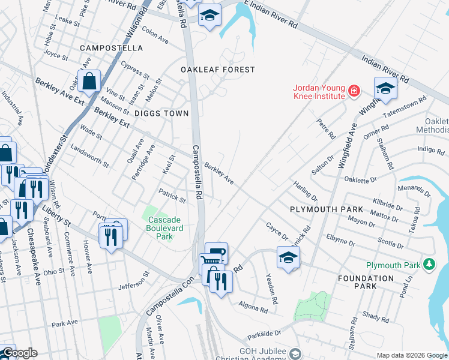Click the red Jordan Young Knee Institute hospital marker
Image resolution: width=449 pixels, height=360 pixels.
point(354,91)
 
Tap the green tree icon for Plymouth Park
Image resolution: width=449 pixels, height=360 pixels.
point(429,264)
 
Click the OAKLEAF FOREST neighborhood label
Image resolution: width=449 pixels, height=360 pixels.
point(218,70)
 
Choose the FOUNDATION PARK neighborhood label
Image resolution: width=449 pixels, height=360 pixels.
point(365,282)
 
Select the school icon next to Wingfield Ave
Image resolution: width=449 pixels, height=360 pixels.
point(386,88)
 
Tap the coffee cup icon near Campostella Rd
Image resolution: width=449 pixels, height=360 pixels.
point(216,252)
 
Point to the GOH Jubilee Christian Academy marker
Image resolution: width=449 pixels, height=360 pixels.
point(295,353)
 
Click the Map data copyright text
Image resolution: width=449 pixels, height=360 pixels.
point(412,355)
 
